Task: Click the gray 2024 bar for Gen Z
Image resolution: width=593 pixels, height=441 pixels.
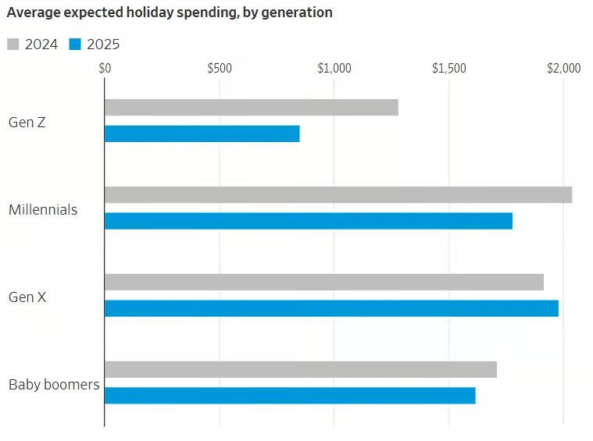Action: tap(251, 108)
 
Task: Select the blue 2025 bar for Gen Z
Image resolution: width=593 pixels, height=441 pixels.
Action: tap(202, 134)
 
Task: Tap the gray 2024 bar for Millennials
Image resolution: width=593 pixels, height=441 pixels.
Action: tap(338, 195)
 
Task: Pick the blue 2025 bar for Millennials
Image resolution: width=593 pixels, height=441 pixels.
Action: tap(308, 221)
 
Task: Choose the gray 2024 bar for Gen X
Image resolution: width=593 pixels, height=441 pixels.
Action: tap(323, 283)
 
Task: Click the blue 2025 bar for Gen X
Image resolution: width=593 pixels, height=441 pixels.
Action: tap(331, 308)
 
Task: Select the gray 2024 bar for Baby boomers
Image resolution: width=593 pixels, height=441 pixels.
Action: tap(300, 370)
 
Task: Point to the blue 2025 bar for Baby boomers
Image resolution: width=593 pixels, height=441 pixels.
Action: tap(289, 396)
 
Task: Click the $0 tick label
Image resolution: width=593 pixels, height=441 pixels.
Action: tap(105, 69)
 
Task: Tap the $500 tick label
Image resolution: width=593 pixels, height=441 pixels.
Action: tap(220, 69)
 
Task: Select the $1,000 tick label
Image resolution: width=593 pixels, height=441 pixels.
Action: tap(334, 69)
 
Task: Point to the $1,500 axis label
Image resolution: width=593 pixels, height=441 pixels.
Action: tap(448, 69)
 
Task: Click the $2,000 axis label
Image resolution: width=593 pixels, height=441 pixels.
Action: tap(563, 69)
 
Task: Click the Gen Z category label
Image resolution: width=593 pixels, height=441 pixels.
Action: tap(27, 122)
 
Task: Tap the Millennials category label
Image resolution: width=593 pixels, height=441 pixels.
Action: tap(43, 209)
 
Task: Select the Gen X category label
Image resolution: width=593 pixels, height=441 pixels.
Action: tap(27, 297)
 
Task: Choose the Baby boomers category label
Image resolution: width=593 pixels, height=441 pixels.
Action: tap(54, 384)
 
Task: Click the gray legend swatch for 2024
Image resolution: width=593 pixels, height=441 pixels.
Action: tap(13, 44)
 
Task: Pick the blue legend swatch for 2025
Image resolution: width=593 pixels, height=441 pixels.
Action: tap(76, 44)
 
